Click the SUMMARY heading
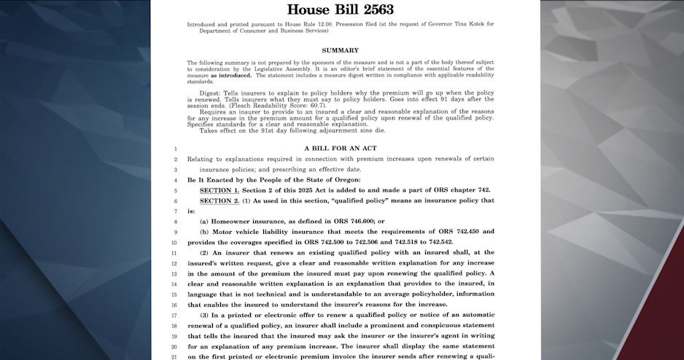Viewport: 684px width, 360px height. pos(341,50)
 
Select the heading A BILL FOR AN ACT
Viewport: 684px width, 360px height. pos(341,149)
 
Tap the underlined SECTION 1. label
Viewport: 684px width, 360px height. pos(219,189)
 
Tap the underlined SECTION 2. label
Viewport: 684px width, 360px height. pos(219,200)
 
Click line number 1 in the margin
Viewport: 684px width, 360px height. pos(175,149)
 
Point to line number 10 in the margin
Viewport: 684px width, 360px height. pos(174,242)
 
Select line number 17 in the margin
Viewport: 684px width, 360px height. pos(174,315)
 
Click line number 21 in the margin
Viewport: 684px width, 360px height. pos(174,356)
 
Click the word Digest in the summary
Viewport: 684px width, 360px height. pos(210,93)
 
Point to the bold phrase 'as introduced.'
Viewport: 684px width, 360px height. pos(231,75)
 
